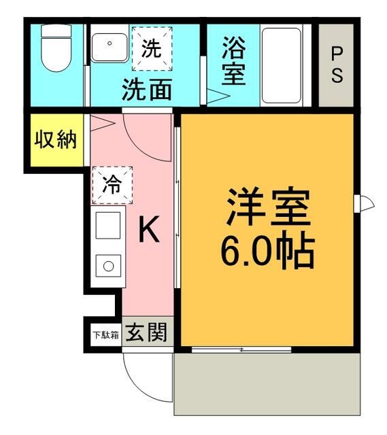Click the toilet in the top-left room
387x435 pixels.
coord(56,48)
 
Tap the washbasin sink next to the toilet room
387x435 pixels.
coord(110,48)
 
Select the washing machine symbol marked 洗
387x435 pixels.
coord(152,49)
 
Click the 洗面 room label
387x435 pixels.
coord(147,89)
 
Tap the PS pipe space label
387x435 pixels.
coord(337,65)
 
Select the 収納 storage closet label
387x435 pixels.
coord(56,140)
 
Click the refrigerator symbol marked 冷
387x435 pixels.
coord(112,185)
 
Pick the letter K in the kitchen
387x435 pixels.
coord(149,230)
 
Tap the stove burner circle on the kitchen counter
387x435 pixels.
coord(109,266)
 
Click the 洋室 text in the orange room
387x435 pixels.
coord(268,207)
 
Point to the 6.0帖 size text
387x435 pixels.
coord(267,251)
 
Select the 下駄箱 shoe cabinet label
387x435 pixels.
coord(106,335)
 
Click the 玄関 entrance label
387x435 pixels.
coord(147,332)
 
